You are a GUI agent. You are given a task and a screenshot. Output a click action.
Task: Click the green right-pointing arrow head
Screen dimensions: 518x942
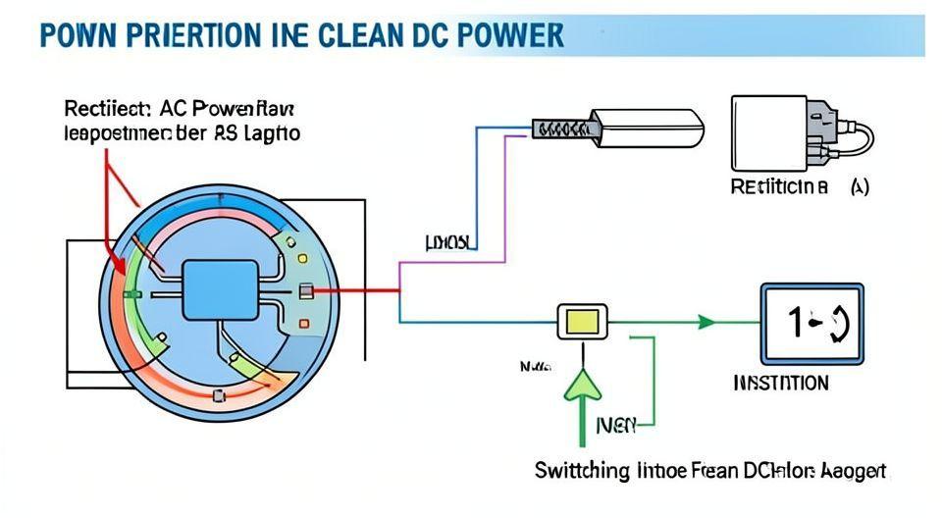(x=706, y=322)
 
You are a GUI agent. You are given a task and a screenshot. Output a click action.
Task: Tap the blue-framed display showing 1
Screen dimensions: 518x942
(x=812, y=322)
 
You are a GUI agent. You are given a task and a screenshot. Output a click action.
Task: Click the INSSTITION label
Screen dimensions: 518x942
(x=781, y=383)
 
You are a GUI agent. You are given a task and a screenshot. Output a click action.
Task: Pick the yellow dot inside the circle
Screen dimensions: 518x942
(x=302, y=257)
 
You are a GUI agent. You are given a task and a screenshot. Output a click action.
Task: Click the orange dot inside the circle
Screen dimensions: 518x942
(x=304, y=322)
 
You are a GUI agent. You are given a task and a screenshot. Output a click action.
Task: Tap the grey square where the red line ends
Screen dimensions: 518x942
(x=304, y=290)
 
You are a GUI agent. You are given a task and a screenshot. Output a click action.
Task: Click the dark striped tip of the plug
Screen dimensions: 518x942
(x=562, y=128)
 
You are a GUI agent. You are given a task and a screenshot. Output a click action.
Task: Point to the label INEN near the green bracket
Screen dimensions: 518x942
(x=616, y=426)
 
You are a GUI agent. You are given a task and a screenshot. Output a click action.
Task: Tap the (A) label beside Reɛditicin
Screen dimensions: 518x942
(x=859, y=186)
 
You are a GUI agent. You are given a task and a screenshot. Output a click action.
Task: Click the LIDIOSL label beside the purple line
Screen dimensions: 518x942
(x=447, y=241)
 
